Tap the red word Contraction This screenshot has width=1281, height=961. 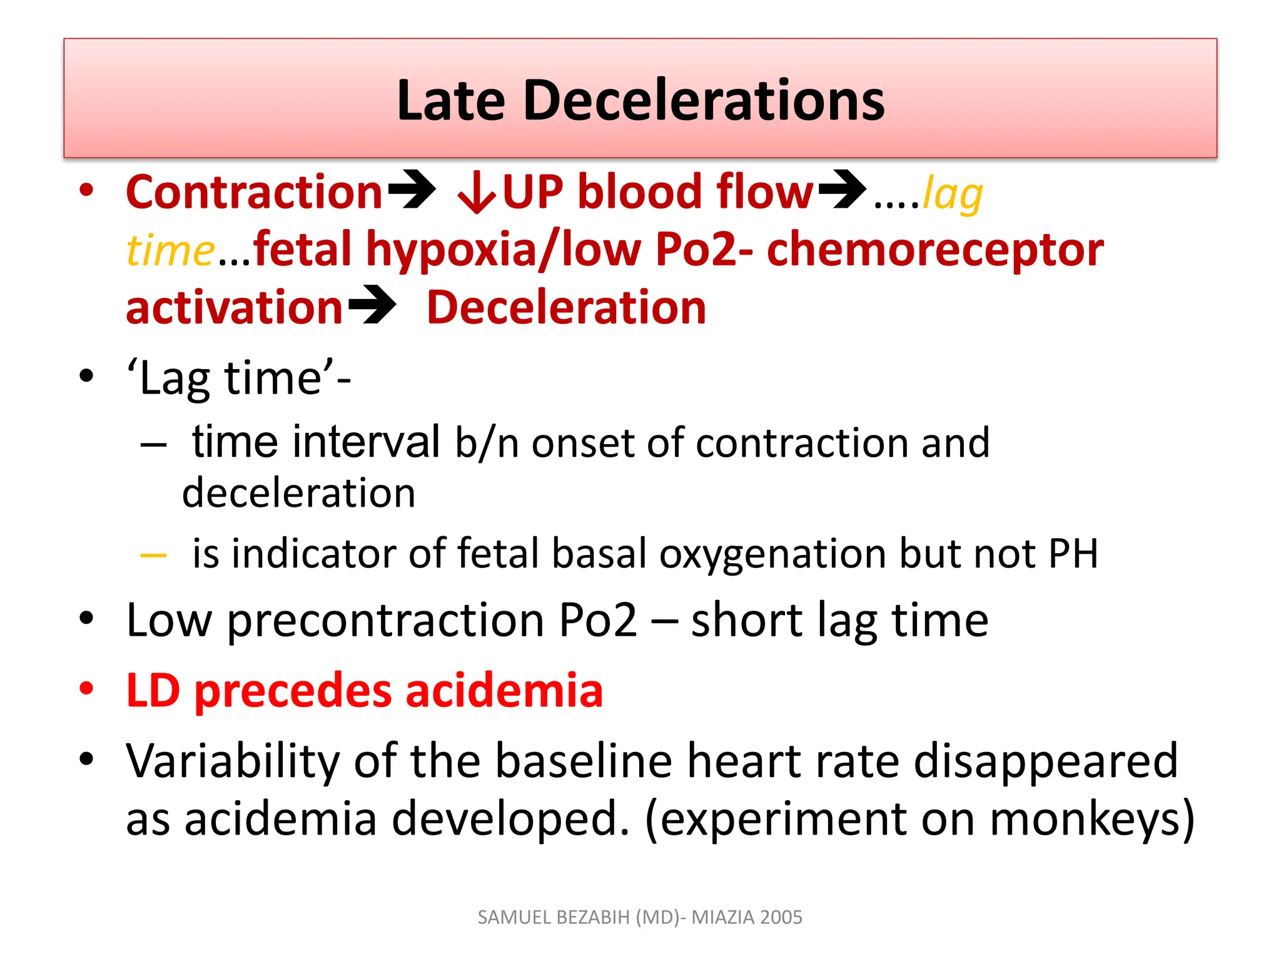pos(254,192)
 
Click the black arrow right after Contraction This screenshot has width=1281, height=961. pos(411,190)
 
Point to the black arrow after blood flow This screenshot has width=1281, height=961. pos(842,190)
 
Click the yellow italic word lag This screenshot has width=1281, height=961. pos(952,194)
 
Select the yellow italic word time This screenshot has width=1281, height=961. pos(170,250)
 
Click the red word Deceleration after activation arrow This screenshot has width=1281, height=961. pos(566,308)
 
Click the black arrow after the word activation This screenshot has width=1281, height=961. pos(372,305)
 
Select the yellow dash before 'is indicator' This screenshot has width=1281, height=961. pos(153,555)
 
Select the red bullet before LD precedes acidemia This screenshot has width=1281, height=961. pos(86,688)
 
